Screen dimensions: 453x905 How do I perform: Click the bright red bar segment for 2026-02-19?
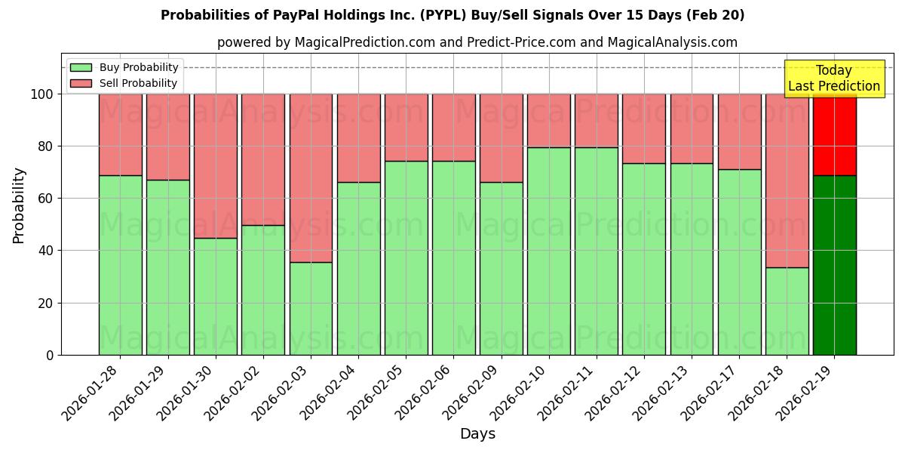pyautogui.click(x=834, y=134)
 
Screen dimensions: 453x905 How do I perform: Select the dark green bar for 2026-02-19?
pyautogui.click(x=834, y=265)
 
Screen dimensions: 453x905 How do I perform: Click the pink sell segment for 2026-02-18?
pyautogui.click(x=787, y=180)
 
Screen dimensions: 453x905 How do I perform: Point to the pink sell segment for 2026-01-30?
pyautogui.click(x=216, y=165)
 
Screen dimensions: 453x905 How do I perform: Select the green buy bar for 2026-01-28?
pyautogui.click(x=120, y=265)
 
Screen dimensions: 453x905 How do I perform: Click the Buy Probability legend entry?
pyautogui.click(x=124, y=68)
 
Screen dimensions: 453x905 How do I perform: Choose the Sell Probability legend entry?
pyautogui.click(x=124, y=83)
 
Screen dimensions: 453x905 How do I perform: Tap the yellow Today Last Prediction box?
pyautogui.click(x=834, y=79)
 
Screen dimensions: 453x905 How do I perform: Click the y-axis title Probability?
pyautogui.click(x=19, y=205)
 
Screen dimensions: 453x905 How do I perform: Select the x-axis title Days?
pyautogui.click(x=477, y=434)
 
